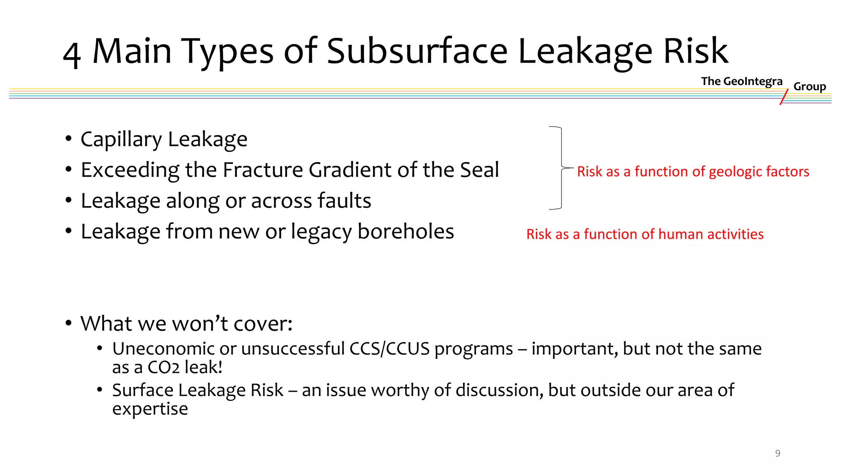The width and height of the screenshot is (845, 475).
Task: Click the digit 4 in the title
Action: (x=72, y=55)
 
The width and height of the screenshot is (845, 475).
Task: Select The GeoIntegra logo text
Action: (x=741, y=81)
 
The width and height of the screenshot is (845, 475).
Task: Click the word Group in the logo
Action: (x=810, y=87)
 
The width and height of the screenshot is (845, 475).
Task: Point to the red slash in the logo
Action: (x=784, y=97)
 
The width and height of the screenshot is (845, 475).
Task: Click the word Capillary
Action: (x=121, y=139)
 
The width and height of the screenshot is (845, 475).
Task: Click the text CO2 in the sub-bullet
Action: (x=163, y=367)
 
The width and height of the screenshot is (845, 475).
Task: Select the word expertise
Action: (x=150, y=409)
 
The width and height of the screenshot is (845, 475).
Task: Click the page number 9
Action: (x=777, y=453)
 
